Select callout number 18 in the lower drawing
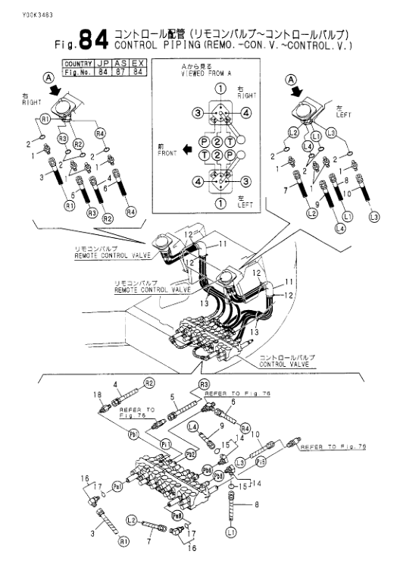point(97,395)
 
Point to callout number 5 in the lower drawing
point(173,395)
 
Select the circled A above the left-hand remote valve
point(48,78)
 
